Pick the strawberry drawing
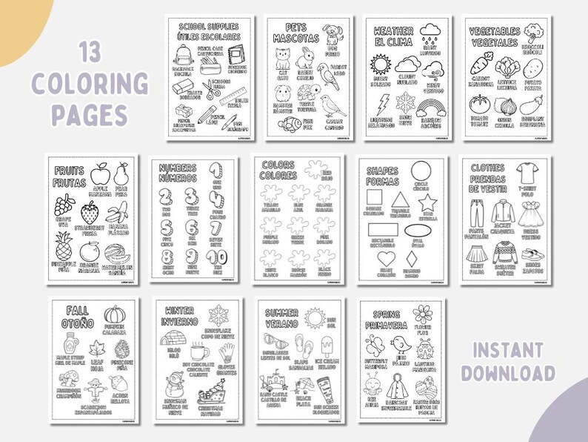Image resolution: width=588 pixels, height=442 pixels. pos(90,213)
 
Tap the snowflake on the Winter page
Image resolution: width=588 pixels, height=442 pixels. pos(218,314)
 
